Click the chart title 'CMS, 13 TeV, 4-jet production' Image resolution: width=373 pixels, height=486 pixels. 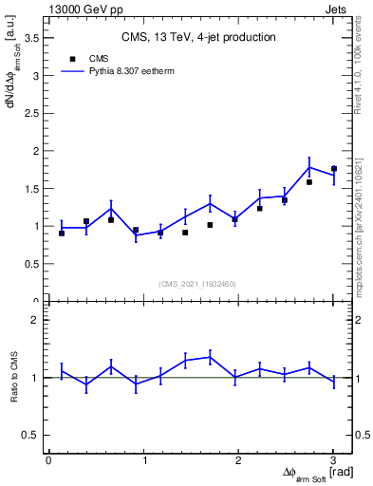(198, 37)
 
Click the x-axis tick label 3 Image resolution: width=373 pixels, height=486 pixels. (333, 460)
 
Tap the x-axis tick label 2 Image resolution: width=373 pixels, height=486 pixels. (238, 460)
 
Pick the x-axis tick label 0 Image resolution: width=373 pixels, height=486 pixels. (48, 460)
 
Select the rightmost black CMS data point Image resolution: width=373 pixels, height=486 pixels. (333, 169)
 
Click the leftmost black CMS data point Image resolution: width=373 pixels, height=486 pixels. (62, 233)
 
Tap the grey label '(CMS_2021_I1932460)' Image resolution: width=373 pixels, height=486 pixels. (197, 283)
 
